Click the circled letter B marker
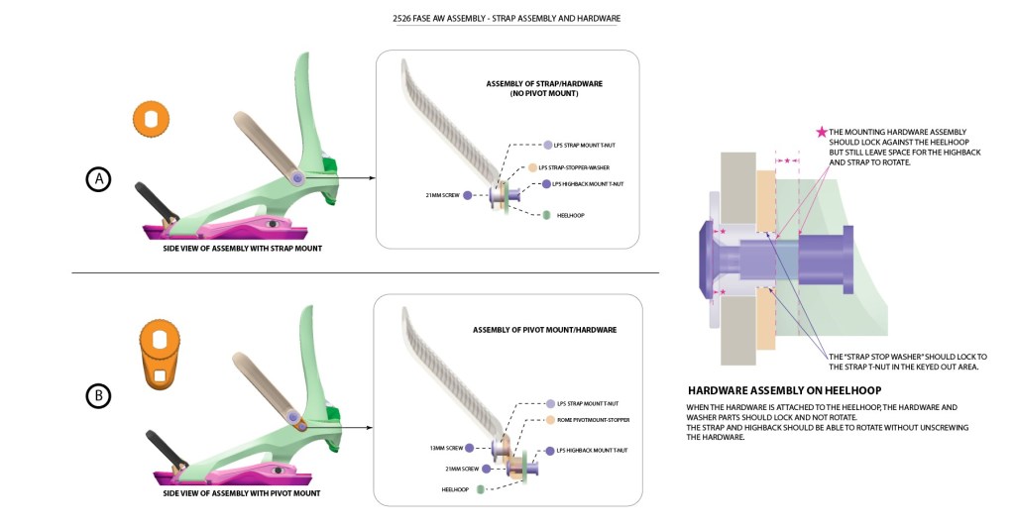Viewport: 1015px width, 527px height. point(98,396)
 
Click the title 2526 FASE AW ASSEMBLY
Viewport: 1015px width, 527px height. point(507,19)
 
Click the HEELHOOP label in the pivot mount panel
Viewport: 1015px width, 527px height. point(455,489)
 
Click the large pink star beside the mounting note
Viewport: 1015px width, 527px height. point(820,132)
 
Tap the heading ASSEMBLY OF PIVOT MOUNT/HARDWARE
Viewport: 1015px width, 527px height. point(544,329)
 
